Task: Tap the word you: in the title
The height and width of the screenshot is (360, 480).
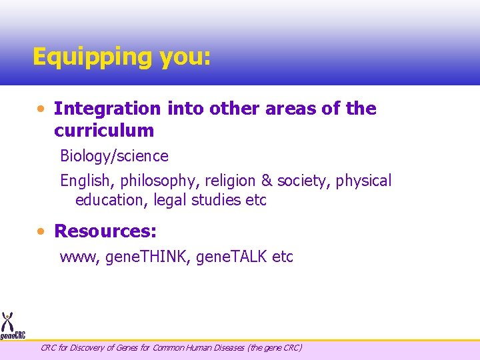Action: point(185,57)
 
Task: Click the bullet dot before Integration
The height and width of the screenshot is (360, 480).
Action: point(41,108)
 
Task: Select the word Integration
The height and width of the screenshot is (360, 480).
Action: point(107,109)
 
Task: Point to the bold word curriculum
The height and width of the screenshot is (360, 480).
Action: point(104,130)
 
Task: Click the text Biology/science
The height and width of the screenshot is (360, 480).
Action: point(114,157)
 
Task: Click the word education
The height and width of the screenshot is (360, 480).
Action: point(111,200)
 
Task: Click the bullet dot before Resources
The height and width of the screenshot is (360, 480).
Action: point(41,231)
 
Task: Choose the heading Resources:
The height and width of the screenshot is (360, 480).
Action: point(105,231)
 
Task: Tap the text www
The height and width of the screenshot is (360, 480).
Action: point(80,257)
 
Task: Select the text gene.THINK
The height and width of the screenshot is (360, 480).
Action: point(147,257)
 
